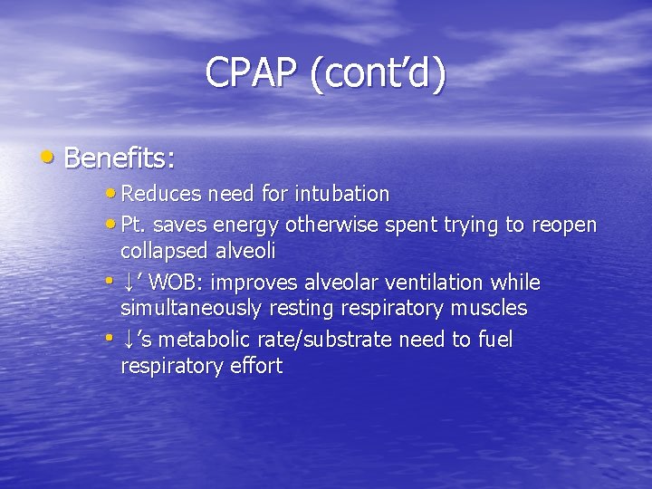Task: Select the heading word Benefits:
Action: [x=120, y=158]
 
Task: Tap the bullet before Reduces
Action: [x=111, y=193]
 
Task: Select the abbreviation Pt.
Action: [x=133, y=225]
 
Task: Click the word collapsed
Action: [x=168, y=249]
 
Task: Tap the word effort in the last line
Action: [x=255, y=366]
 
